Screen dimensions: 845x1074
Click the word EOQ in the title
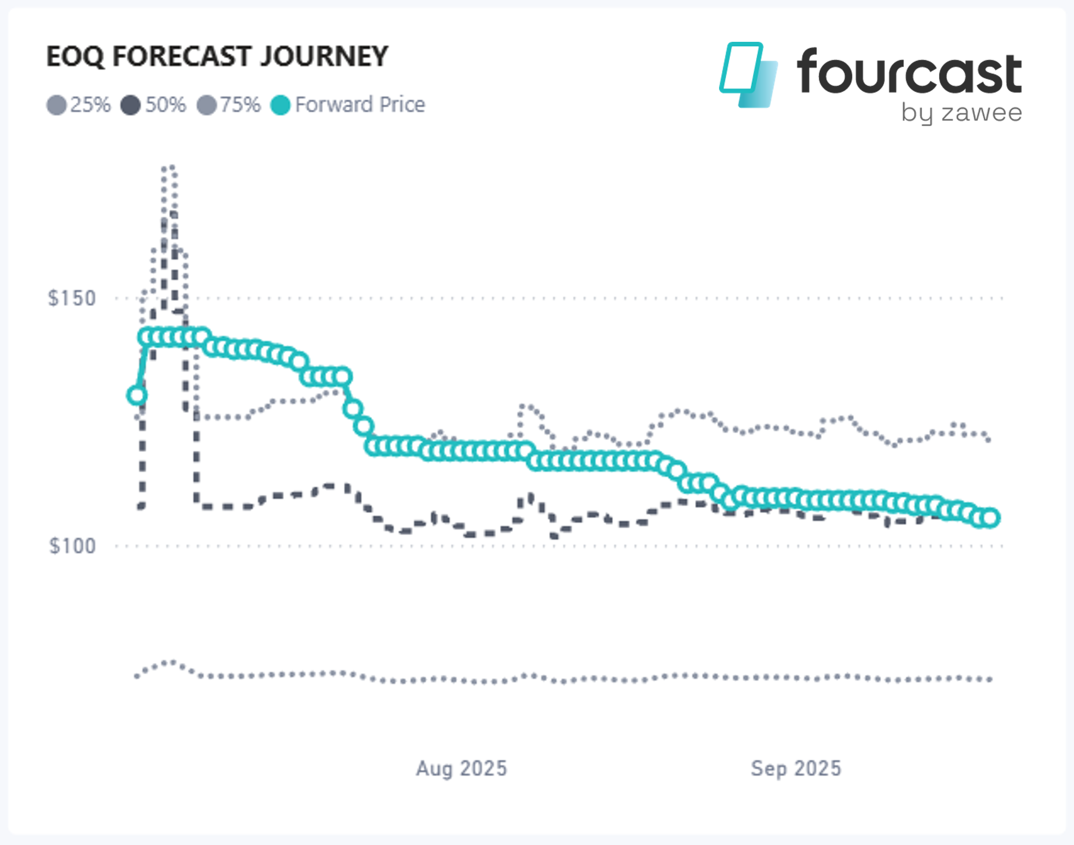75,57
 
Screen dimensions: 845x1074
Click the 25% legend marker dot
56,105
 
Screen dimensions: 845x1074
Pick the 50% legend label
165,105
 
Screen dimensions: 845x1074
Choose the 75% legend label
240,105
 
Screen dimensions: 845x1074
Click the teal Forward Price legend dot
280,105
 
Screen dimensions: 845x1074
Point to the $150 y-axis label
72,298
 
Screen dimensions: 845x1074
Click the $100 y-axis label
72,546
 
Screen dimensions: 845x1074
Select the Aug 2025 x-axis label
461,768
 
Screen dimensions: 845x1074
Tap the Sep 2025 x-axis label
796,768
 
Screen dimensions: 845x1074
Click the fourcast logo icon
749,75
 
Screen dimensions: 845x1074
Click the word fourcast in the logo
909,73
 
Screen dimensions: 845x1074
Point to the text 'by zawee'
961,113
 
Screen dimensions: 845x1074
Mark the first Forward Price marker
137,396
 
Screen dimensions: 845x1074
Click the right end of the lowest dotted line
990,680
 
